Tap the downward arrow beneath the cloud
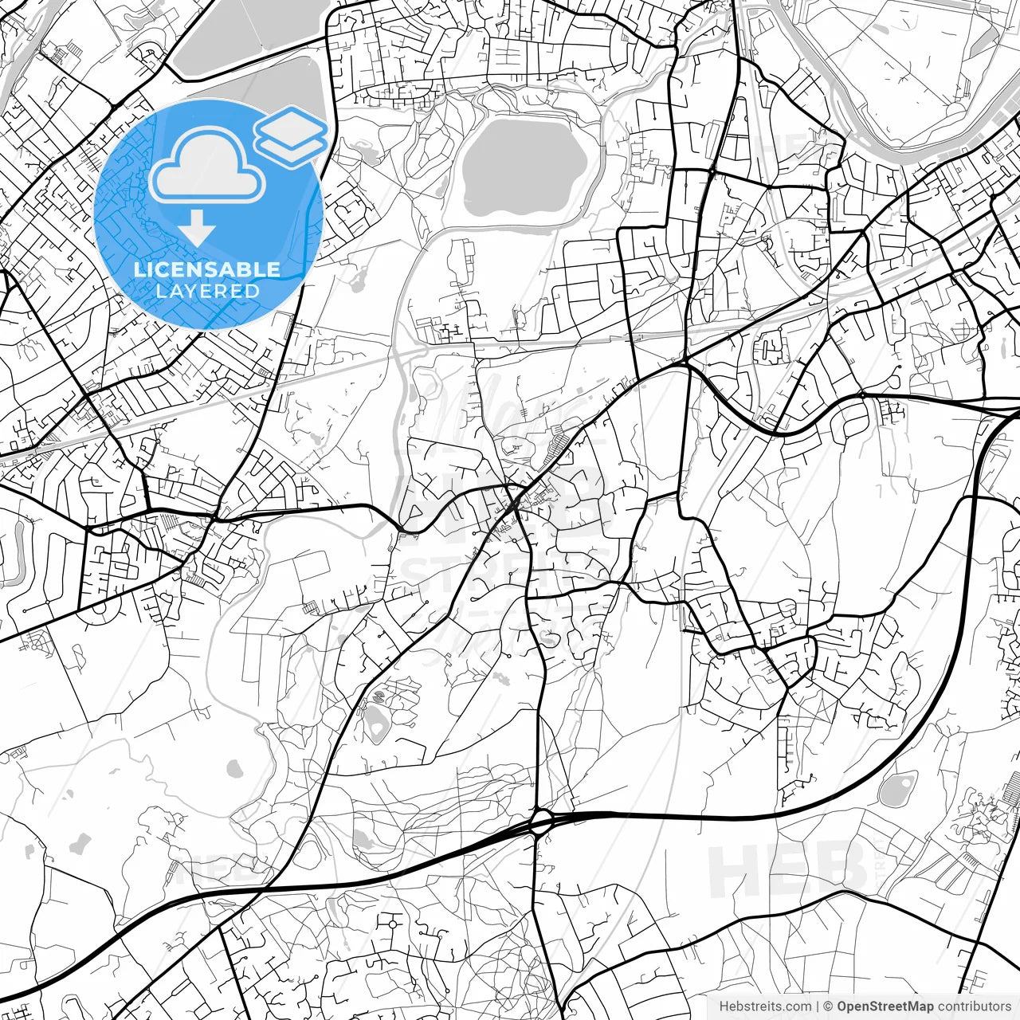point(196,230)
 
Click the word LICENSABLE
point(207,269)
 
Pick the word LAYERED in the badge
point(207,292)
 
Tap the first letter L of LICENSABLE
point(139,269)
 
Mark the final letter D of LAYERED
point(253,292)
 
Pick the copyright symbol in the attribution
point(828,1006)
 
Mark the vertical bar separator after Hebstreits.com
point(818,1006)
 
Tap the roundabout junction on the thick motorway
point(541,822)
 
